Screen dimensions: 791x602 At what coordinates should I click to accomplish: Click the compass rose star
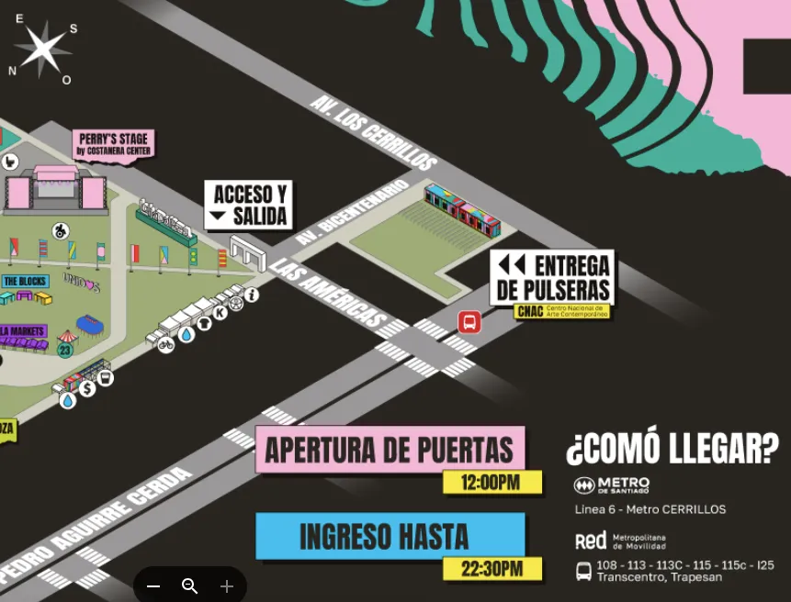42,49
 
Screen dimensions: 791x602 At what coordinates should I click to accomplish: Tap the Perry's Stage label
114,144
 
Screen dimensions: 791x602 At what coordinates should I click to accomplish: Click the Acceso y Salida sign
248,205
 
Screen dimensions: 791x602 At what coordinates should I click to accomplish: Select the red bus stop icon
469,322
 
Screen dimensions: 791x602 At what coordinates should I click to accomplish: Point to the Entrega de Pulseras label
552,277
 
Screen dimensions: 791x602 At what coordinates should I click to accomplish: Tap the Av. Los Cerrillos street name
372,131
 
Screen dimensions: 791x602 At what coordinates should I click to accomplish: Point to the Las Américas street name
328,293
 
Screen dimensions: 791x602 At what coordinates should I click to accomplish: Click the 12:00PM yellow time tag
492,482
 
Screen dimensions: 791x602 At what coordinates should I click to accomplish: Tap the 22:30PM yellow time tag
492,569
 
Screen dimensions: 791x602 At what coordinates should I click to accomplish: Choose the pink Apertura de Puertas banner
390,450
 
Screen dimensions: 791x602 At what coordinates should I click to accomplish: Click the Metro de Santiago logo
611,485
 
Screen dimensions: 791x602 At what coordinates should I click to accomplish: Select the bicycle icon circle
165,345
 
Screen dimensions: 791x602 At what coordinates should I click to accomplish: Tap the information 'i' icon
252,295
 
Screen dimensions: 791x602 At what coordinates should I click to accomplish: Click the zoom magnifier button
190,586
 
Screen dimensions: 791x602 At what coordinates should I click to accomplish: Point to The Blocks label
25,281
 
